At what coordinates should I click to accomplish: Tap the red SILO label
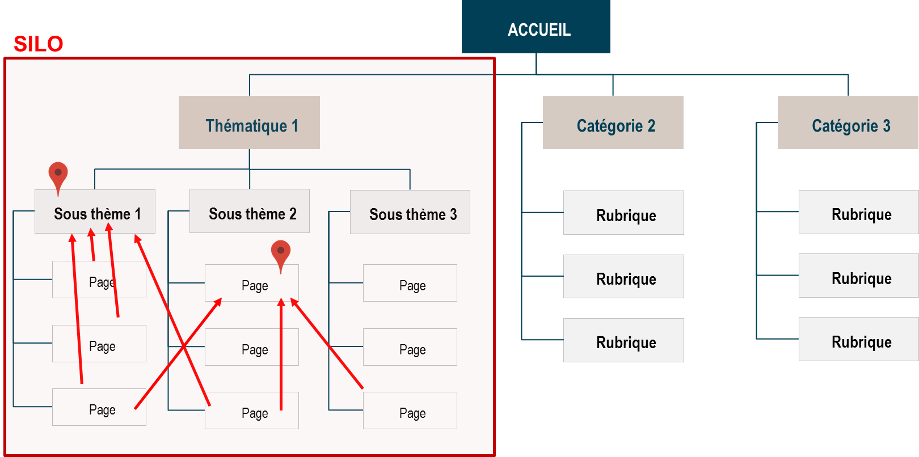tap(38, 44)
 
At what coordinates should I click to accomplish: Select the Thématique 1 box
tap(249, 122)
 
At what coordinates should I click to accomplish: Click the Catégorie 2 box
tap(613, 122)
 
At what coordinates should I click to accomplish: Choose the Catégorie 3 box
tap(848, 122)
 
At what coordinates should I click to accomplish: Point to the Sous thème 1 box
tap(95, 211)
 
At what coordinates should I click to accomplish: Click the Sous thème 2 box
tap(250, 211)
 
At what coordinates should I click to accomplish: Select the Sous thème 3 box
tap(410, 212)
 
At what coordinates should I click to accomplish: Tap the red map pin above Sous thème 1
tap(58, 175)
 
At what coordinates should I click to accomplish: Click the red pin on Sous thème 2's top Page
tap(281, 253)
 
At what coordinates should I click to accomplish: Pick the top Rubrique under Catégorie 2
tap(623, 213)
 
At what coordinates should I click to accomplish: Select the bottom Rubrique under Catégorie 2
tap(623, 340)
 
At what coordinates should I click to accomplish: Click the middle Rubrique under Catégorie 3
tap(858, 276)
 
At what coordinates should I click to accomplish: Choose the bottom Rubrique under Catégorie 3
tap(858, 339)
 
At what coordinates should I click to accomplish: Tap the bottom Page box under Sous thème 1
tap(99, 407)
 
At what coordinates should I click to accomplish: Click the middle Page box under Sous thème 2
tap(252, 347)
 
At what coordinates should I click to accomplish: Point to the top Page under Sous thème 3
tap(410, 283)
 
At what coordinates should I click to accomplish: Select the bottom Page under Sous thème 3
tap(410, 411)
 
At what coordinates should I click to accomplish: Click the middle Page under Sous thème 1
tap(99, 344)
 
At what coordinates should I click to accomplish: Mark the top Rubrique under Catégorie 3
tap(858, 212)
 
